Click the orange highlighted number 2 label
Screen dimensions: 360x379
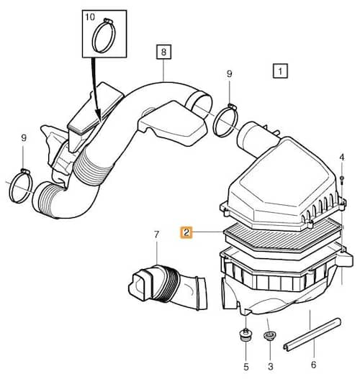[186, 232]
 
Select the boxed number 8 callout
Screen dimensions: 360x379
[163, 52]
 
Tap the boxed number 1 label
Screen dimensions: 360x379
[280, 71]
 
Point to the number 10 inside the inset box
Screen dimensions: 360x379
[90, 17]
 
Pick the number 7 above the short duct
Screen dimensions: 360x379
[156, 234]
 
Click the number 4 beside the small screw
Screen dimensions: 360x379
[341, 157]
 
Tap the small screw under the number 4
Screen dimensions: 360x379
[341, 180]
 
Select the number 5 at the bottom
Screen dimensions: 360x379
[246, 367]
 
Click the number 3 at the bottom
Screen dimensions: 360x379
[271, 367]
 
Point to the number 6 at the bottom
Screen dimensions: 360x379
[313, 365]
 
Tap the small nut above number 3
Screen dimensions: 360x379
[269, 336]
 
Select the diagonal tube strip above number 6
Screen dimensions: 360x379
[312, 334]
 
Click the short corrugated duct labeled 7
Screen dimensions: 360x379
[168, 288]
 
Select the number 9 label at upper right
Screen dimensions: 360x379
[229, 74]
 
